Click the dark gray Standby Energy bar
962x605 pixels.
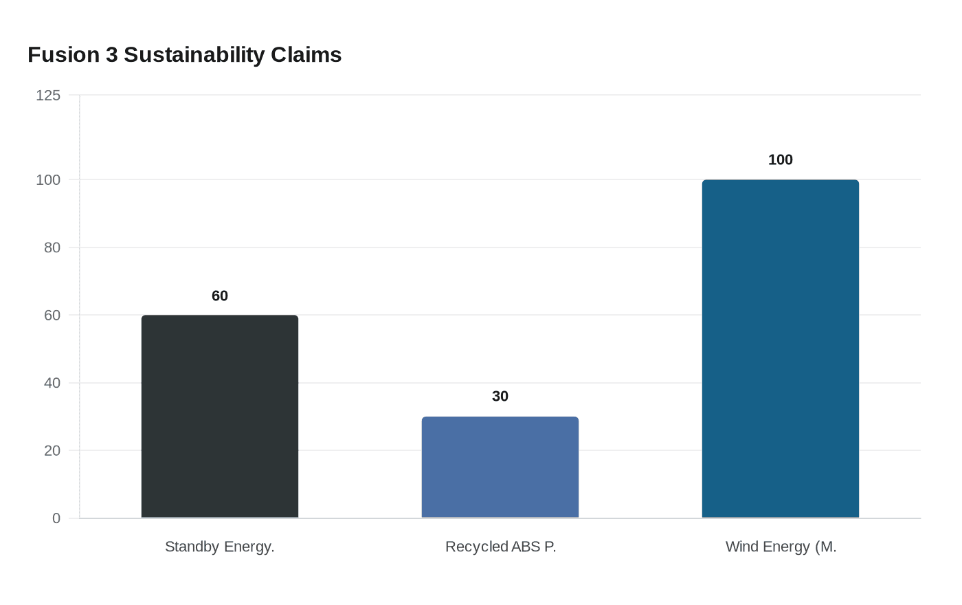(220, 417)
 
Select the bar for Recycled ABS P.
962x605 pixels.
(500, 467)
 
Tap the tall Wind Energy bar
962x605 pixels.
(781, 349)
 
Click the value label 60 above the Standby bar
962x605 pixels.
(220, 296)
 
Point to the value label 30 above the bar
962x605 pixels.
(500, 396)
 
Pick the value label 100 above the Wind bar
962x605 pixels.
(781, 159)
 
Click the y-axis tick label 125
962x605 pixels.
(48, 96)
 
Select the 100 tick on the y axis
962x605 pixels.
(48, 180)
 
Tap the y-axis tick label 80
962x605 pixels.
(52, 247)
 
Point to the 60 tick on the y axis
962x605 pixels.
(52, 316)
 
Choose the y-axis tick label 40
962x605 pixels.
(52, 383)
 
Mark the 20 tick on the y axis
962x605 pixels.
(52, 451)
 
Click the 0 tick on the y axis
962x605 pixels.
(56, 518)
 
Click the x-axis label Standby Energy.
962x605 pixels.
(220, 547)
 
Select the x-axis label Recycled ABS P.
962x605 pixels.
(500, 547)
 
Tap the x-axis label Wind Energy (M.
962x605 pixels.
(781, 547)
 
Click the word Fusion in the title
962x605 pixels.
(63, 55)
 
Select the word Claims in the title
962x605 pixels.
(306, 55)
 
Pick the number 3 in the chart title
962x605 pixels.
(112, 55)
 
